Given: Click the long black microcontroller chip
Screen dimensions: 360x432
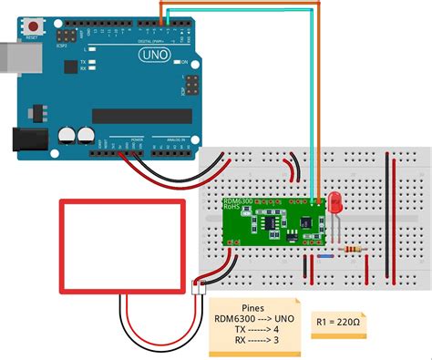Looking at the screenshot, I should pyautogui.click(x=140, y=115).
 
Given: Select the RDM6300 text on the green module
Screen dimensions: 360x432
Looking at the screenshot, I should pyautogui.click(x=238, y=200).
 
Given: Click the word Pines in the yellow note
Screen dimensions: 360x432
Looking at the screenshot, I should pyautogui.click(x=254, y=307).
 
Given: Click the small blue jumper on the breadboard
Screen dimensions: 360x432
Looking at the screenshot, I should pyautogui.click(x=324, y=256).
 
